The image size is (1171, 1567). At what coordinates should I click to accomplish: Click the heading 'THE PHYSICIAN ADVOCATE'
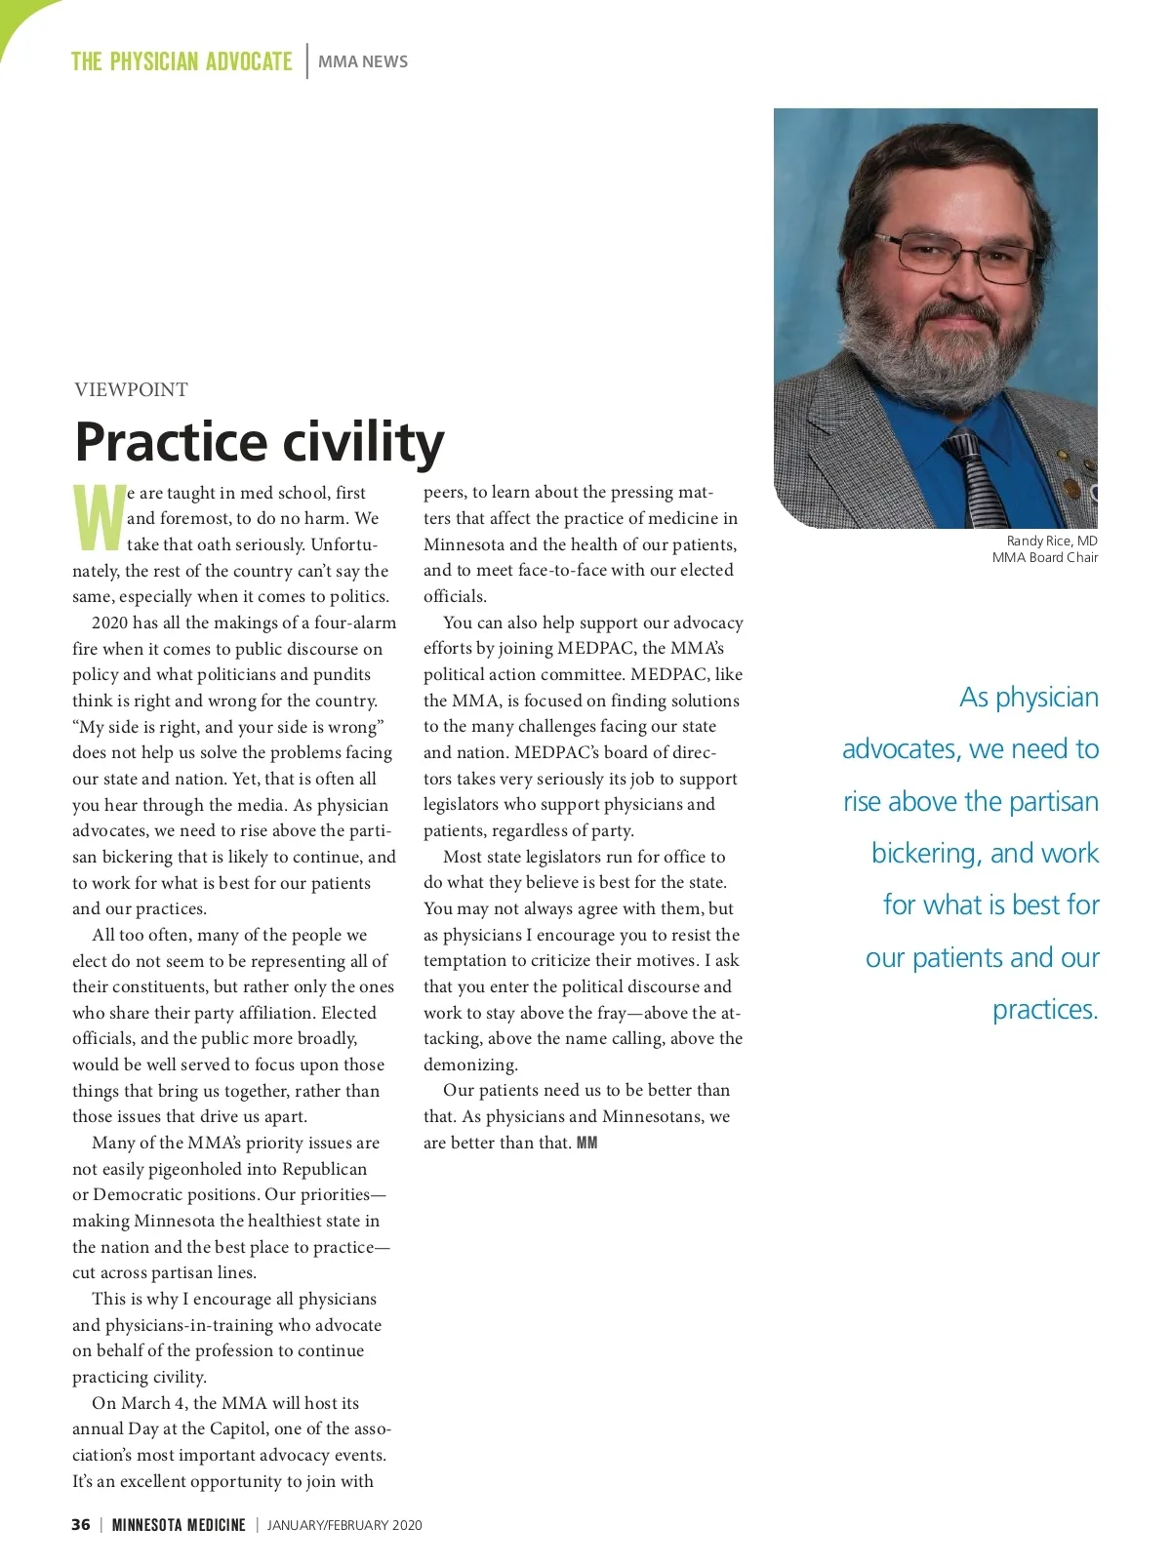point(182,61)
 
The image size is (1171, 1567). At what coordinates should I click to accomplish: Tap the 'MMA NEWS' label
point(363,61)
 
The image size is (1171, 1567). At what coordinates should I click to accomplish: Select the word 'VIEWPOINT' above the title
point(131,389)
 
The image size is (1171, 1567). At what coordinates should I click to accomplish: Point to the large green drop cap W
point(99,518)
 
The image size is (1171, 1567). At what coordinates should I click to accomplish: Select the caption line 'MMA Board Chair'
point(1044,557)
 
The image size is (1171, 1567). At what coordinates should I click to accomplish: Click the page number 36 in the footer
point(81,1524)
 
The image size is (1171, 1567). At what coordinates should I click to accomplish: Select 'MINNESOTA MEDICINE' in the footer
point(179,1524)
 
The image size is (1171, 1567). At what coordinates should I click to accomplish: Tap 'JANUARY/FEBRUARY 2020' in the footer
point(344,1525)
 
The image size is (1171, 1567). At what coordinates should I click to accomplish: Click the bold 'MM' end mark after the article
point(587,1143)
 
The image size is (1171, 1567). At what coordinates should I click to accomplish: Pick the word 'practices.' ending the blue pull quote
point(1045,1009)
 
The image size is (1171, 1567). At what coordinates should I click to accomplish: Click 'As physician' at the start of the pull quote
point(1029,697)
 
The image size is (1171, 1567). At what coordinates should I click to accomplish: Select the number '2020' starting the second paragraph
point(111,623)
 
